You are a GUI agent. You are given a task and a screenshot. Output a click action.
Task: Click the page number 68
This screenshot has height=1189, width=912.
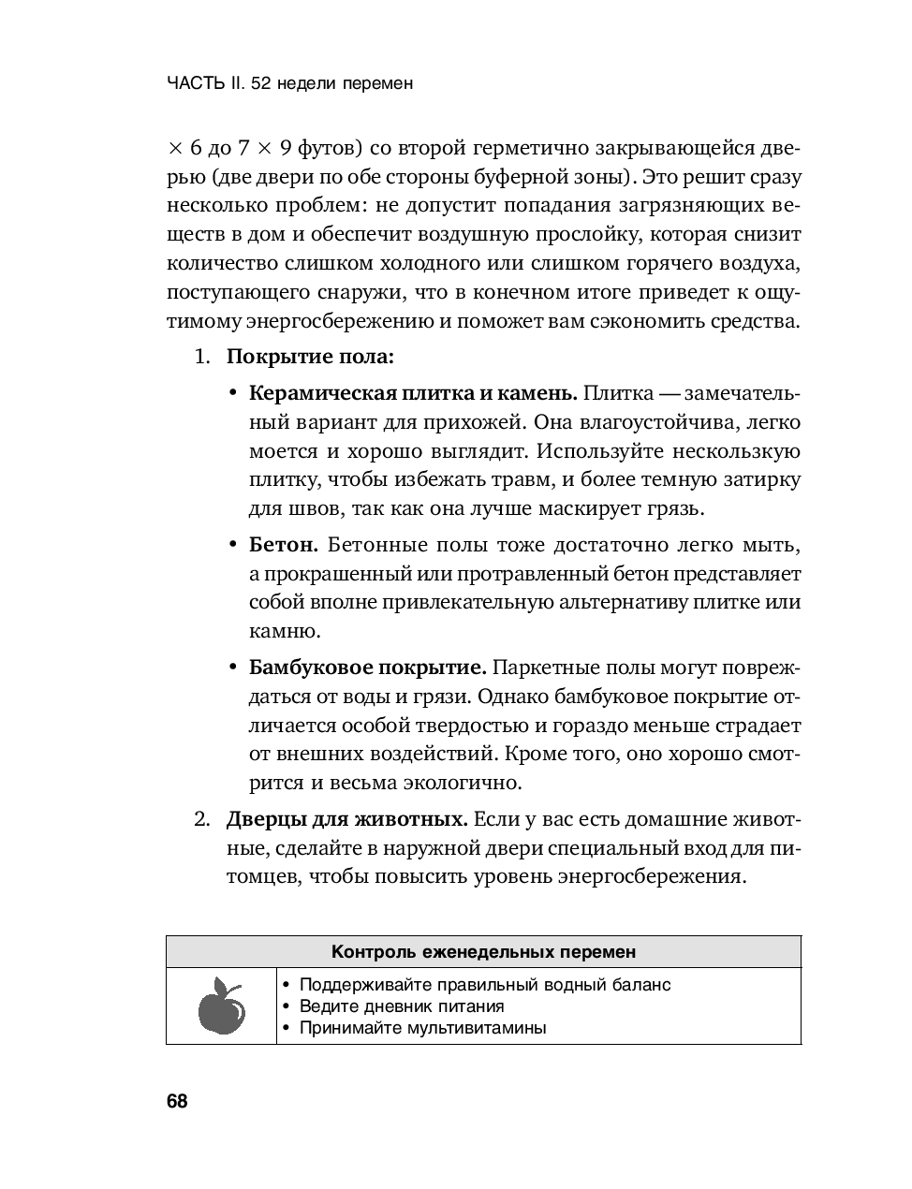(x=177, y=1101)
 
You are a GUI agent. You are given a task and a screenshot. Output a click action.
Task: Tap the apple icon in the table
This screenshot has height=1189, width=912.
(x=222, y=1006)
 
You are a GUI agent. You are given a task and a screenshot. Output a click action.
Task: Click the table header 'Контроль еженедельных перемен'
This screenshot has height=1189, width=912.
(x=483, y=952)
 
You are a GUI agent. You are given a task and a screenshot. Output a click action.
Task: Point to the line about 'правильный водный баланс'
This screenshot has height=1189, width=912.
(x=484, y=985)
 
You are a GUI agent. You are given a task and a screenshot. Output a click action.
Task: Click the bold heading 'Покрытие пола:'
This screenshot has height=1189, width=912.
(x=310, y=357)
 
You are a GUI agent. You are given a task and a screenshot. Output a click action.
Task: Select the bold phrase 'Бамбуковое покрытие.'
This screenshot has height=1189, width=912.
(x=367, y=668)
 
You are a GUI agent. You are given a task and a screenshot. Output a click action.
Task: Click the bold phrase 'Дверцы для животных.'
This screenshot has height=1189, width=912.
(x=346, y=819)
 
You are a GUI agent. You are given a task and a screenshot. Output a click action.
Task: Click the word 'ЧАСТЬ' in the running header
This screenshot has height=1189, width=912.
(x=195, y=83)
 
